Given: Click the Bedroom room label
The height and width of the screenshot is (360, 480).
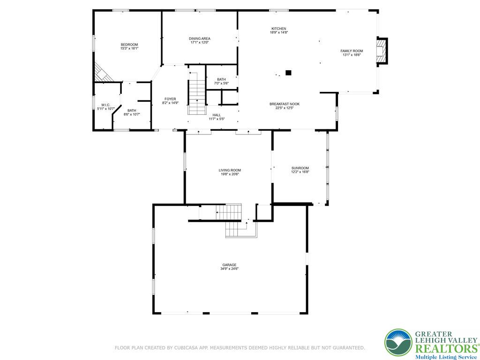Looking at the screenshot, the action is coord(129,45).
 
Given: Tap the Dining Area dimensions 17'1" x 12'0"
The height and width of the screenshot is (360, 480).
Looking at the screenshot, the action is coord(200,43).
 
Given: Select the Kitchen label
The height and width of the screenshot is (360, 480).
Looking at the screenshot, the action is coord(278,29).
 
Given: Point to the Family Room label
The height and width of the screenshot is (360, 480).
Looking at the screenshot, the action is coord(352,51).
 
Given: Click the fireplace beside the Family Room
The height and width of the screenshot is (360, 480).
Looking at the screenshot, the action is coord(382,51).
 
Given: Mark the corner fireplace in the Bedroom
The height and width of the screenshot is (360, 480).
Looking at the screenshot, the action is coord(102,74).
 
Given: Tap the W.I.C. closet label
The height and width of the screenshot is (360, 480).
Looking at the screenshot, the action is coord(105,105).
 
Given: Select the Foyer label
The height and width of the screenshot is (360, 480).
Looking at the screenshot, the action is coord(170,99).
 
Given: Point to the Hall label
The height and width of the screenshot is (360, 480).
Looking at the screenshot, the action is coord(217,115).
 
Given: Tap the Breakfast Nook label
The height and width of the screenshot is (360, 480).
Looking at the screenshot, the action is coord(285,104).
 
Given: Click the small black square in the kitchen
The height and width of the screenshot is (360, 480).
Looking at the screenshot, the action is coord(288,73).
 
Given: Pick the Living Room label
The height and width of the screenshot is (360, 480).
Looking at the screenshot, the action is coord(230,170).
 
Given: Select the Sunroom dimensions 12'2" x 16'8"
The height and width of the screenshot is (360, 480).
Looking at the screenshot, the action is coord(300,172).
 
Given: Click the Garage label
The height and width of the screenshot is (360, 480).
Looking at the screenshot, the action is coord(229,265).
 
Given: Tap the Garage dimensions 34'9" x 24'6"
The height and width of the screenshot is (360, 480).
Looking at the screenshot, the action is coord(229,269).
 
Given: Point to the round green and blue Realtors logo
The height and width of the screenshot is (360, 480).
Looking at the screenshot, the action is coord(398,343).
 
